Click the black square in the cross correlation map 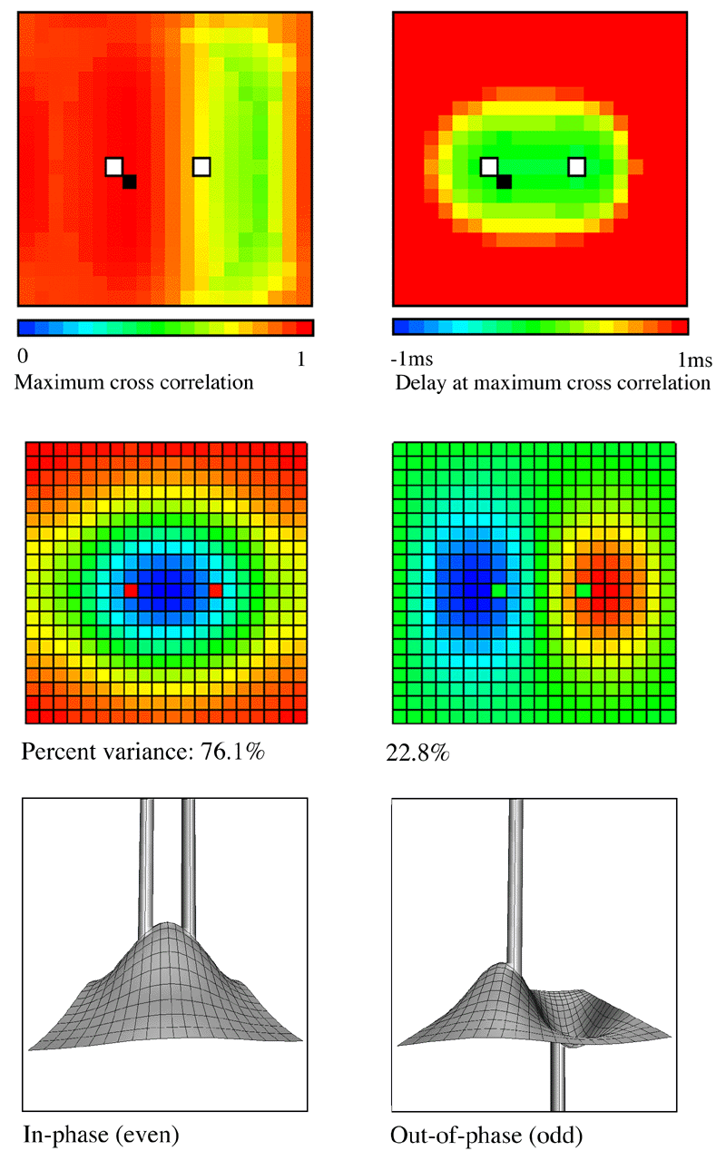click(x=130, y=182)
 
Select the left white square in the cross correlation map click(x=114, y=167)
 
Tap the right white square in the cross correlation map click(x=201, y=167)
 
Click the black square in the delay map click(x=505, y=182)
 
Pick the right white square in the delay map click(x=577, y=167)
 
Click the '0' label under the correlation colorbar click(x=23, y=356)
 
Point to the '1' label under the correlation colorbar click(x=301, y=359)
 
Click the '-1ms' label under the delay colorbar click(x=411, y=359)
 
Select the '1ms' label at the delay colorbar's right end click(x=695, y=359)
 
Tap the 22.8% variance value click(x=417, y=753)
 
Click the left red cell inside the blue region click(x=131, y=590)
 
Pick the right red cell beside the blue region click(x=216, y=590)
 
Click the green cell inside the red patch click(x=584, y=590)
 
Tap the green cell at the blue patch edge click(x=498, y=590)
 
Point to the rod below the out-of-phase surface click(x=557, y=1077)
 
